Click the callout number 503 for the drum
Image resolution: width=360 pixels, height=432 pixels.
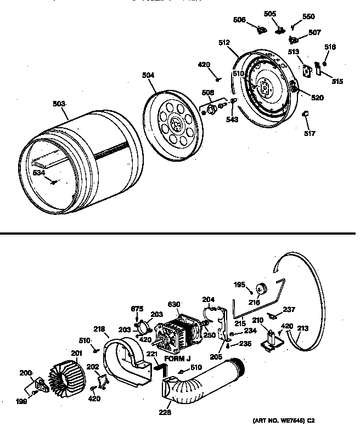pyautogui.click(x=59, y=104)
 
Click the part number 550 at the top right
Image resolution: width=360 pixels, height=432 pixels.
pyautogui.click(x=309, y=16)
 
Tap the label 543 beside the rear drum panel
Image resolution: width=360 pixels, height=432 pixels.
pyautogui.click(x=233, y=120)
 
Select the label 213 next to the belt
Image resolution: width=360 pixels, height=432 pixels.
pyautogui.click(x=301, y=329)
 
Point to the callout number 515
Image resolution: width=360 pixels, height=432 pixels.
pyautogui.click(x=337, y=82)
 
